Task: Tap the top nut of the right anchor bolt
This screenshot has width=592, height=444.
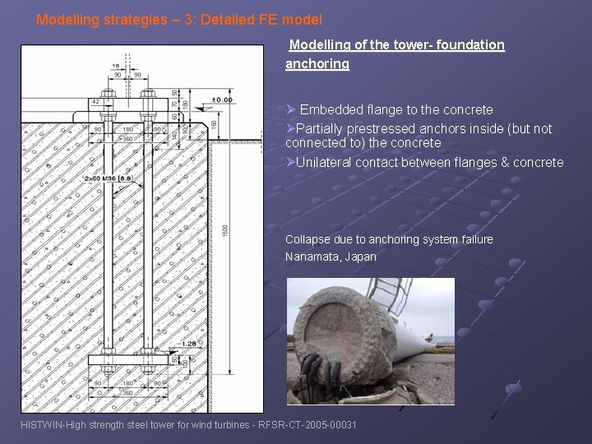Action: click(148, 92)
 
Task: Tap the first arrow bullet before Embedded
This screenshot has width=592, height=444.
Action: click(290, 110)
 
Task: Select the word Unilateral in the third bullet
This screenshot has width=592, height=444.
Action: click(324, 162)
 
